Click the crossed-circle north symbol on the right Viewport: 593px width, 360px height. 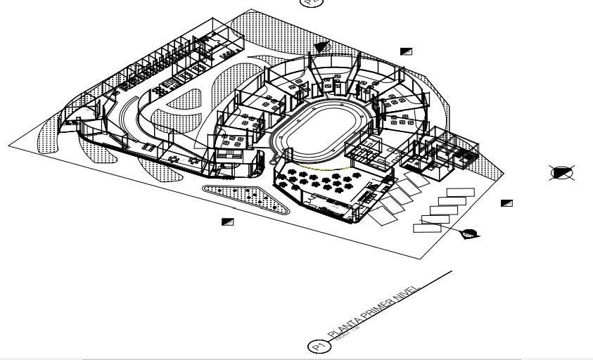coord(562,172)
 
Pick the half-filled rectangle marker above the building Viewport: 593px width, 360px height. coord(406,51)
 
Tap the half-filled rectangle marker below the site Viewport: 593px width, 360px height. coord(227,221)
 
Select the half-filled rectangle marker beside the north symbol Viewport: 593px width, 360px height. coord(506,203)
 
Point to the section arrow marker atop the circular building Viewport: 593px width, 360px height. coord(322,46)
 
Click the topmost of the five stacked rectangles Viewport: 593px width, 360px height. coord(461,193)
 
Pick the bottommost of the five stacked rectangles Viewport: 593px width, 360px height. coord(427,226)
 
